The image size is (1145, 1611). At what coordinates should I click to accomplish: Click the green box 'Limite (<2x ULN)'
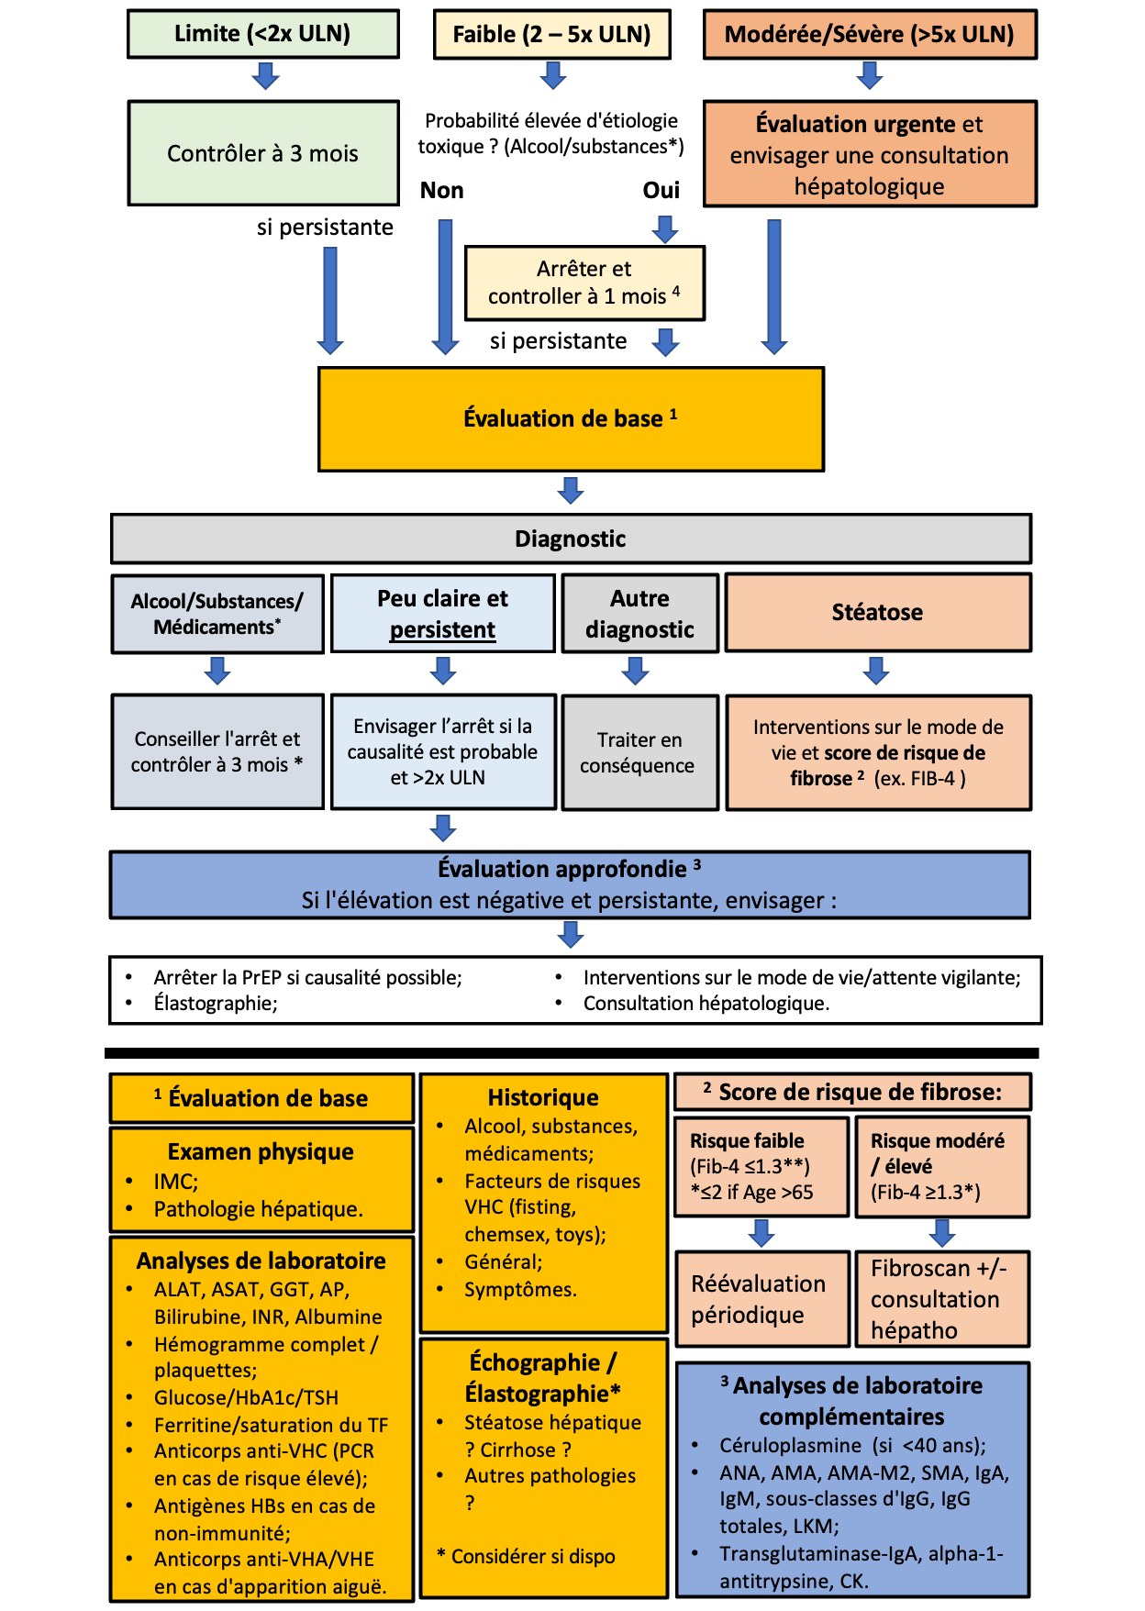pos(263,34)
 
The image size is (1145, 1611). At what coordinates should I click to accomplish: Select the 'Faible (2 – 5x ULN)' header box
pos(551,35)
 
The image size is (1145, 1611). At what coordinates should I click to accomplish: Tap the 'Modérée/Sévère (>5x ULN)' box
pos(869,35)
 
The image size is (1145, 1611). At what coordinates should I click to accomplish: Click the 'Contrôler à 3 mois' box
pos(263,153)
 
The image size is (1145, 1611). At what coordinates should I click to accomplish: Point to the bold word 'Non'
pos(442,191)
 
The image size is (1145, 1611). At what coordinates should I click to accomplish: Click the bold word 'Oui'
pos(661,191)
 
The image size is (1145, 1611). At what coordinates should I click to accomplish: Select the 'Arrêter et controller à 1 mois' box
pos(584,283)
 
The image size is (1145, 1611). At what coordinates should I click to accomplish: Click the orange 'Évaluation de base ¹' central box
pos(571,419)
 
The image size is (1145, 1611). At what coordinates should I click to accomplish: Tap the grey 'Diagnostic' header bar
pos(571,539)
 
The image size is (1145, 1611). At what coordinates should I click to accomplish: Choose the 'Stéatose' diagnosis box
pos(878,613)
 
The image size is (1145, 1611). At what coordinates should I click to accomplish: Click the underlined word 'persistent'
pos(442,630)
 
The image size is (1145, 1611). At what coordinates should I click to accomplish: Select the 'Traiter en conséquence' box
pos(639,752)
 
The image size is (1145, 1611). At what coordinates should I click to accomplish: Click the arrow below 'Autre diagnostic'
pos(635,671)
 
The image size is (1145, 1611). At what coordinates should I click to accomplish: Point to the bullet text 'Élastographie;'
pos(216,1004)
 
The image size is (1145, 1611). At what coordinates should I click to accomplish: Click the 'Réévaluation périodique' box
pos(761,1299)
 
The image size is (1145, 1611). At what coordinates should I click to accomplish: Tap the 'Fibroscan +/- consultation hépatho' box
pos(940,1299)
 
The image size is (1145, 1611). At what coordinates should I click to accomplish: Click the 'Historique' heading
pos(543,1098)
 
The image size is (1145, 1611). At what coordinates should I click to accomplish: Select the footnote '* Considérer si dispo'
pos(527,1557)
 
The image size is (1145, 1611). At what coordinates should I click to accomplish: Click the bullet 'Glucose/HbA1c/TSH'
pos(246,1398)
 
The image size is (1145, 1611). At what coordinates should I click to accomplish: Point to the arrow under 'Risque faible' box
pos(761,1232)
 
